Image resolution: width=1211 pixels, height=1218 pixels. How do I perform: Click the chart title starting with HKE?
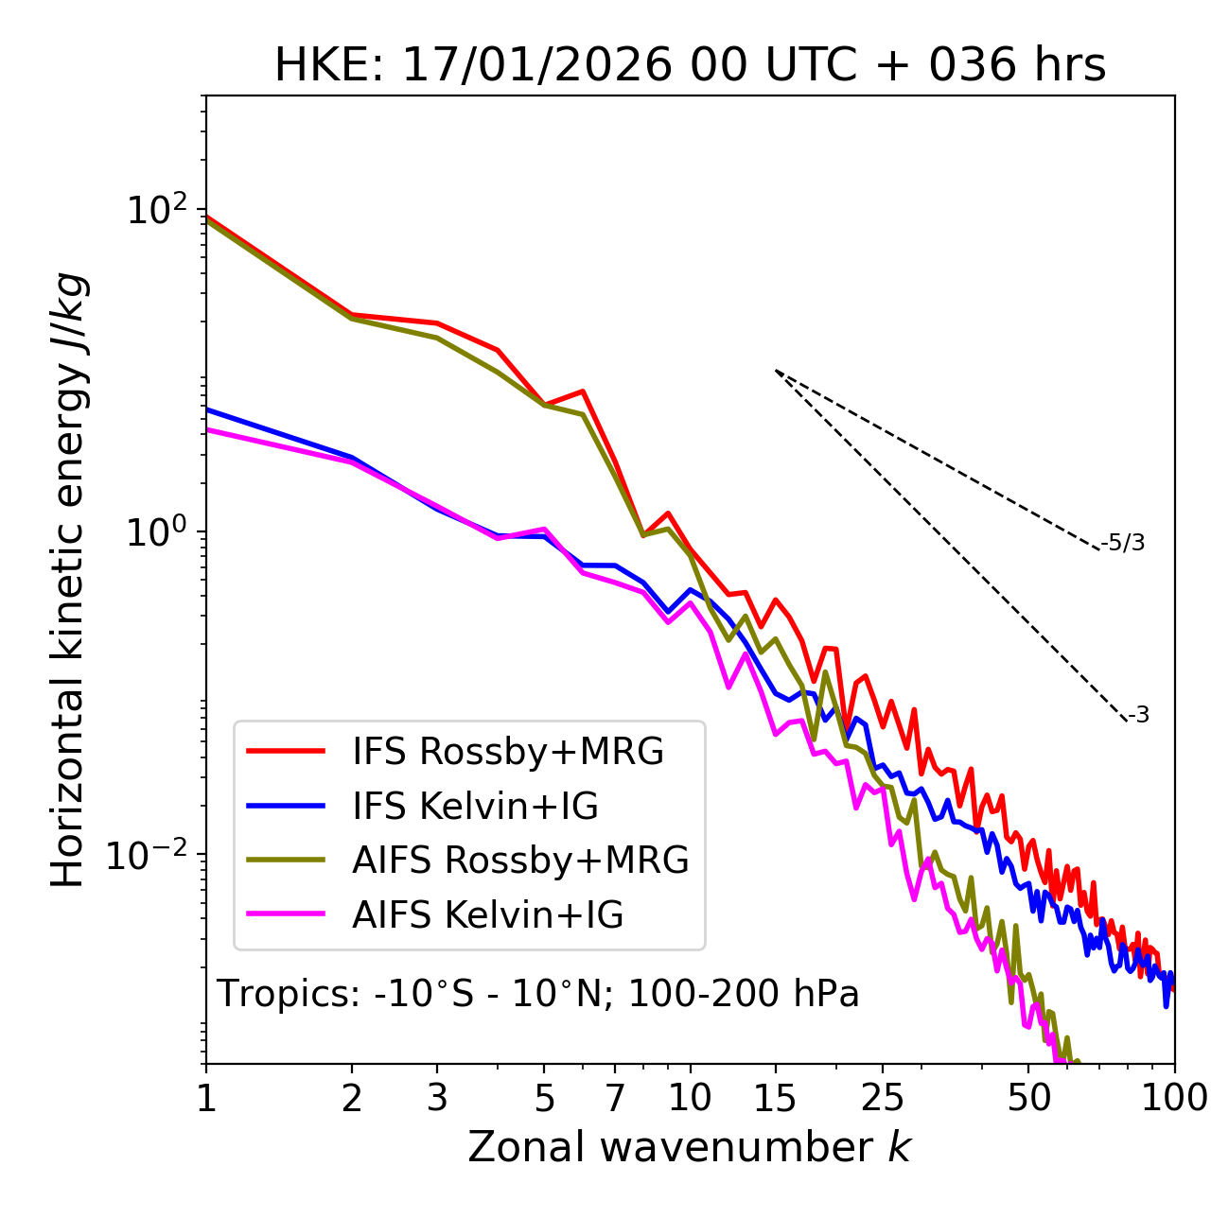[x=690, y=66]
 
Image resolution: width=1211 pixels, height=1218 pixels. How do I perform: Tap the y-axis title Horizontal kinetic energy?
[x=69, y=580]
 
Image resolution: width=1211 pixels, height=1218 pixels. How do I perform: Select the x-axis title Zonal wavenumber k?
[x=689, y=1147]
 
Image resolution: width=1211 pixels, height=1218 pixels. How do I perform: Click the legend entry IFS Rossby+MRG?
[x=508, y=752]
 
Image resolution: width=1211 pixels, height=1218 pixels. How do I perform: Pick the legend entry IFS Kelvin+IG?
[x=475, y=807]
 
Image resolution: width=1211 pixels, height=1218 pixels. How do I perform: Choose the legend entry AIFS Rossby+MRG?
[x=520, y=861]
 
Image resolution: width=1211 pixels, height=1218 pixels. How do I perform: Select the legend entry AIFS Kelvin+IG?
[x=487, y=915]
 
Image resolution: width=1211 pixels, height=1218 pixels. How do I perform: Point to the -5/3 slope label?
[x=1123, y=543]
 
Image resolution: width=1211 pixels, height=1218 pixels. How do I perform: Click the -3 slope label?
[x=1138, y=716]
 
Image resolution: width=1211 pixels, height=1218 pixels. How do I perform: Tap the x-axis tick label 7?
[x=615, y=1098]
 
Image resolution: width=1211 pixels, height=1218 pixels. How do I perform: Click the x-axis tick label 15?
[x=775, y=1098]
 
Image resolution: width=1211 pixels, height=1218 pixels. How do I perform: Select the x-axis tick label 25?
[x=883, y=1098]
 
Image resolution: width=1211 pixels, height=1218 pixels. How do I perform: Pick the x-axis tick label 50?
[x=1028, y=1098]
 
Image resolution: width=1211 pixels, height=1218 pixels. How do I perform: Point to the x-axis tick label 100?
[x=1173, y=1098]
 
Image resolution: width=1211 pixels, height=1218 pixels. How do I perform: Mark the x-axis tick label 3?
[x=437, y=1098]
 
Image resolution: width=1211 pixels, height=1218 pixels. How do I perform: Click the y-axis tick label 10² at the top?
[x=157, y=209]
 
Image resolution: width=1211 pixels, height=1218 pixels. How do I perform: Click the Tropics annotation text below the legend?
[x=537, y=994]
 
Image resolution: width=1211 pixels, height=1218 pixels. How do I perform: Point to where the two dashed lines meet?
[x=776, y=371]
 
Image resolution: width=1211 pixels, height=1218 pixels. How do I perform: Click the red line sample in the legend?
[x=286, y=752]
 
